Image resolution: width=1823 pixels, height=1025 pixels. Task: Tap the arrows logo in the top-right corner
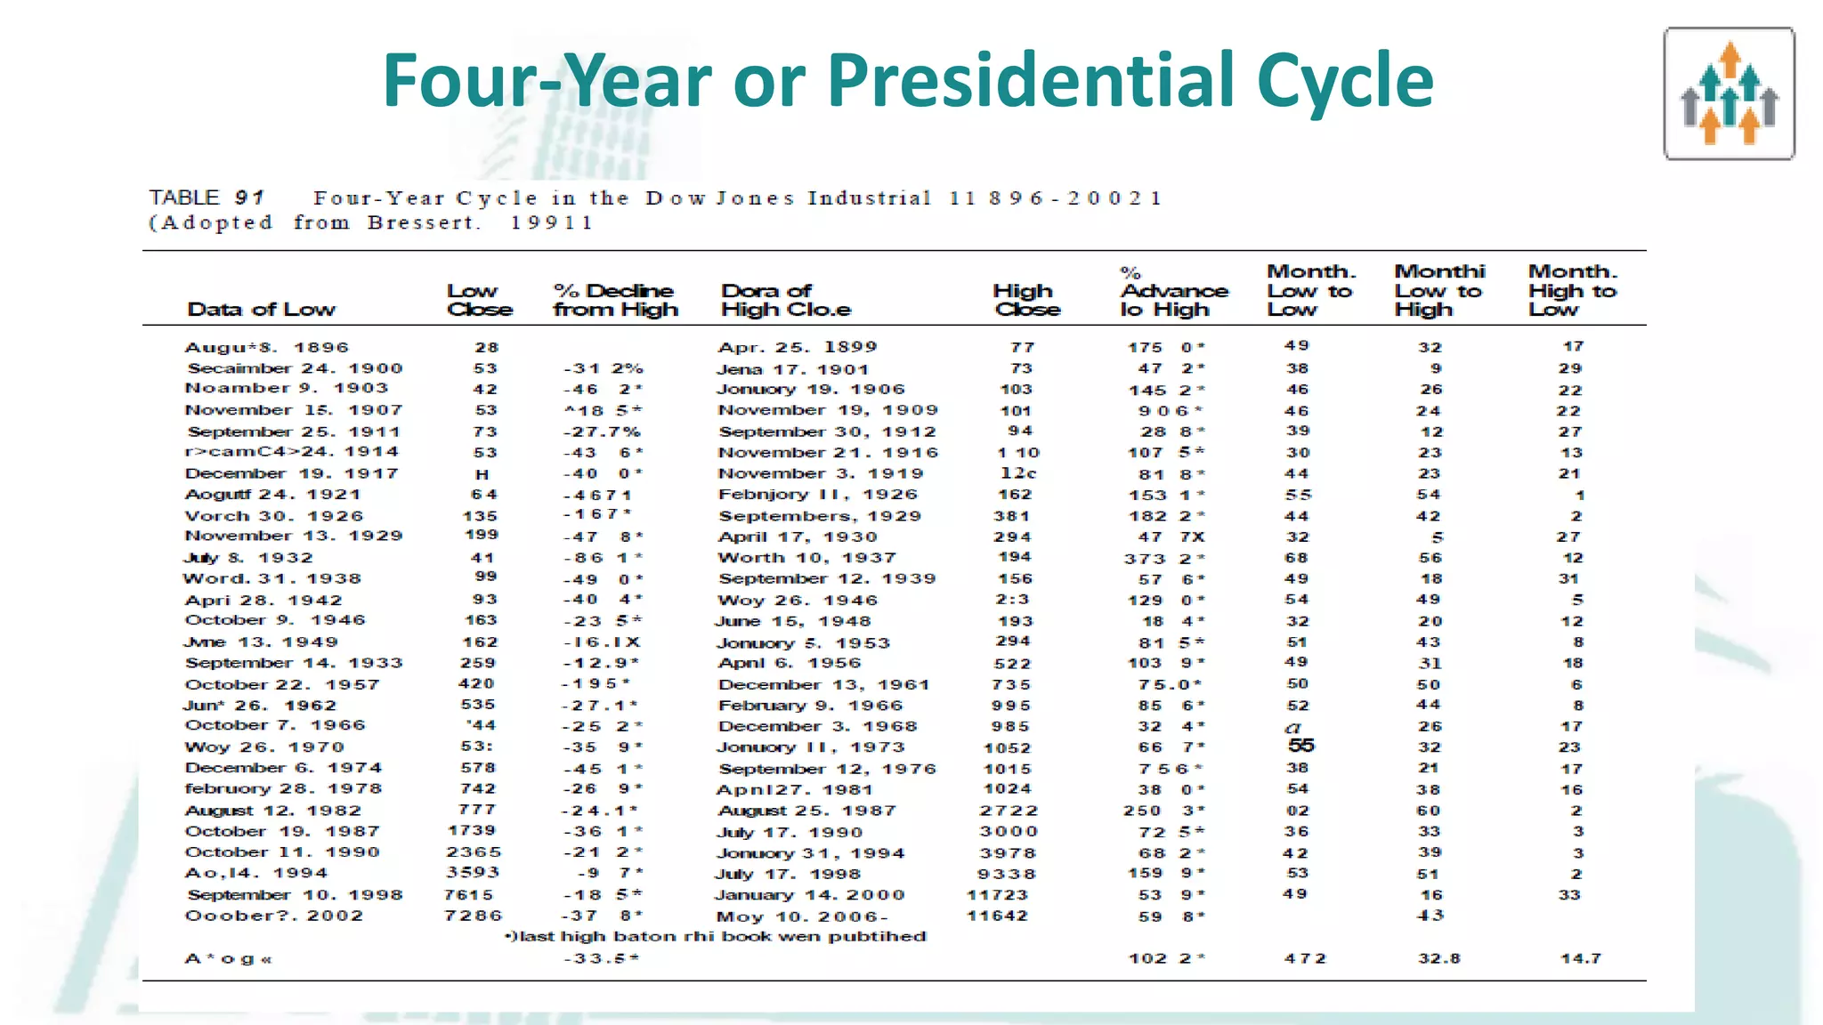pyautogui.click(x=1729, y=93)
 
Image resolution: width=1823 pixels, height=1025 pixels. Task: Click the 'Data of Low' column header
pyautogui.click(x=261, y=310)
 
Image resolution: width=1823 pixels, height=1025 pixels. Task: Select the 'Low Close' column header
pyautogui.click(x=480, y=301)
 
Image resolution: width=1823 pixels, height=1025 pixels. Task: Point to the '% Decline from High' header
pyautogui.click(x=615, y=301)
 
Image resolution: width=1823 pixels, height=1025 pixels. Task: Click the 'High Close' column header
pyautogui.click(x=1026, y=301)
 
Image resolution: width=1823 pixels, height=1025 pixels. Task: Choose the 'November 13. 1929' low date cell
pyautogui.click(x=294, y=536)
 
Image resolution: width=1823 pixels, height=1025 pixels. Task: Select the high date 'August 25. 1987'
pyautogui.click(x=807, y=811)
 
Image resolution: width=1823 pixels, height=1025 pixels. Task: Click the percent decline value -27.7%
pyautogui.click(x=602, y=432)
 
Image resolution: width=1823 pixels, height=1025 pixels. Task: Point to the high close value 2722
pyautogui.click(x=1009, y=811)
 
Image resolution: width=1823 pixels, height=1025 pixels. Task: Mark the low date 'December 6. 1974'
pyautogui.click(x=284, y=768)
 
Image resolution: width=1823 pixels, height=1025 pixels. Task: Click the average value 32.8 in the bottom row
pyautogui.click(x=1439, y=958)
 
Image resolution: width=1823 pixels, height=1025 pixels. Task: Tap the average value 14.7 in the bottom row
pyautogui.click(x=1581, y=958)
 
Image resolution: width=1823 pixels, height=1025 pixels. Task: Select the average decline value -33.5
pyautogui.click(x=602, y=958)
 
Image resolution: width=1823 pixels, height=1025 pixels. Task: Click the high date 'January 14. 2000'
pyautogui.click(x=810, y=895)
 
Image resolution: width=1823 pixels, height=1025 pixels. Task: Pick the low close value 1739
pyautogui.click(x=472, y=830)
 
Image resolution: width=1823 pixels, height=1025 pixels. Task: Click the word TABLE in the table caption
pyautogui.click(x=184, y=198)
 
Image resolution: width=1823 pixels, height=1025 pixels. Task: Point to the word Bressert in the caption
pyautogui.click(x=424, y=222)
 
